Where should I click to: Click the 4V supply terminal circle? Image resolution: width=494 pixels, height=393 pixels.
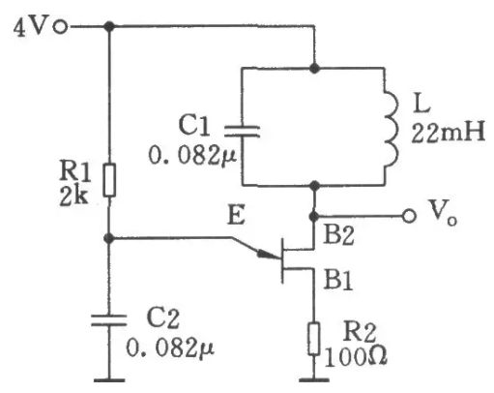pyautogui.click(x=61, y=27)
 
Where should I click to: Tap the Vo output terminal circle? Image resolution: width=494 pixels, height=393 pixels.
pyautogui.click(x=409, y=216)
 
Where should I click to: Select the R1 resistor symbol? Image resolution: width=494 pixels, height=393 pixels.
pyautogui.click(x=109, y=180)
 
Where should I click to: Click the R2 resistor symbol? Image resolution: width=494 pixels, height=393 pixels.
pyautogui.click(x=314, y=339)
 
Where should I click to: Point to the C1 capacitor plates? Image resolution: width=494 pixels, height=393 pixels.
pyautogui.click(x=243, y=132)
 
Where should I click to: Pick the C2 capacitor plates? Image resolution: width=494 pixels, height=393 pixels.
pyautogui.click(x=109, y=320)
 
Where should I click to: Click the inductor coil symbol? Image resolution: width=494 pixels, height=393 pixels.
pyautogui.click(x=392, y=129)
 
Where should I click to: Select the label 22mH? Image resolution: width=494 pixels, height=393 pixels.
pyautogui.click(x=448, y=133)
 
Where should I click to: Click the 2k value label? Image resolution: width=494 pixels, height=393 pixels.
pyautogui.click(x=73, y=196)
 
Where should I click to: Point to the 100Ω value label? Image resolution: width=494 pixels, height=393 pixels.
pyautogui.click(x=356, y=357)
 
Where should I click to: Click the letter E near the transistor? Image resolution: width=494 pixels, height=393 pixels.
pyautogui.click(x=236, y=215)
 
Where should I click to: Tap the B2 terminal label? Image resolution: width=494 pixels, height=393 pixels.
pyautogui.click(x=338, y=234)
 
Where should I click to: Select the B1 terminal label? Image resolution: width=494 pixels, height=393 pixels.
pyautogui.click(x=338, y=280)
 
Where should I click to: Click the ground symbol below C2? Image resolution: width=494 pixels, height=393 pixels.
pyautogui.click(x=109, y=380)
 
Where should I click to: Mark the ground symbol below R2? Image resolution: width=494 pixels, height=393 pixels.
pyautogui.click(x=314, y=380)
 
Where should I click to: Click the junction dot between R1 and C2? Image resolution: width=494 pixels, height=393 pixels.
pyautogui.click(x=109, y=238)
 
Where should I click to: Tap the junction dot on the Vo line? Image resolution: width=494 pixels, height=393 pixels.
pyautogui.click(x=314, y=216)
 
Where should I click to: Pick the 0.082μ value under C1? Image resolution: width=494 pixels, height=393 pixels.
pyautogui.click(x=192, y=156)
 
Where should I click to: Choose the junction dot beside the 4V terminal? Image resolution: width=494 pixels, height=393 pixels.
pyautogui.click(x=110, y=26)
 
